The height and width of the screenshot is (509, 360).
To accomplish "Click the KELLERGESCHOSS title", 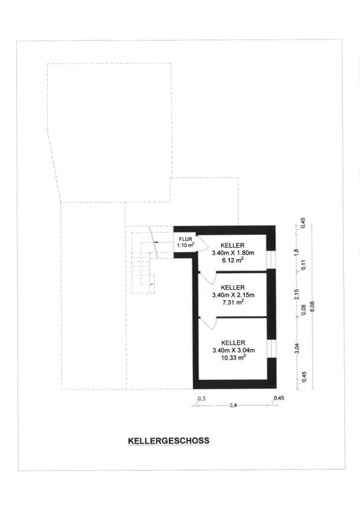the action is click(x=168, y=441).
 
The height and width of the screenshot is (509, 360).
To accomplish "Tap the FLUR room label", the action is click(x=185, y=239).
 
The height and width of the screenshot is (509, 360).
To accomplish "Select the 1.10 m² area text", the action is click(x=185, y=245).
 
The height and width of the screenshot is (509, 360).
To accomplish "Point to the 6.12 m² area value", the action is click(x=233, y=260).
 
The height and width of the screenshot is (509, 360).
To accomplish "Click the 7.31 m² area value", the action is click(x=233, y=302).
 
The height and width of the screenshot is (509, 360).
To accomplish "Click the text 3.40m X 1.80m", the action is click(x=233, y=252).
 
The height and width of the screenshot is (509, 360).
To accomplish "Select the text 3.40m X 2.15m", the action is click(x=233, y=295).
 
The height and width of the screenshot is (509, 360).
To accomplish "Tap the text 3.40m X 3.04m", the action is click(x=234, y=350).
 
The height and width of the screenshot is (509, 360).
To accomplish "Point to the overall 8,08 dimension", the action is click(x=313, y=306).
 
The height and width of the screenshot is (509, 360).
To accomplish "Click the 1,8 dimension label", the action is click(x=296, y=252).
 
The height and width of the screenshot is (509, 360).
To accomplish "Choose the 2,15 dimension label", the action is click(x=296, y=294).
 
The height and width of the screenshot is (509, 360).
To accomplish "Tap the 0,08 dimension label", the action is click(x=304, y=310).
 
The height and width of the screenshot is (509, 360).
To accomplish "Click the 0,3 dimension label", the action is click(x=201, y=399).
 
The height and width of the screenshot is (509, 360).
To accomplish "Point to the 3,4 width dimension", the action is click(x=233, y=405).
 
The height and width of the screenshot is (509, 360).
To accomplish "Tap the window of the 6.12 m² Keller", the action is click(x=270, y=260).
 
